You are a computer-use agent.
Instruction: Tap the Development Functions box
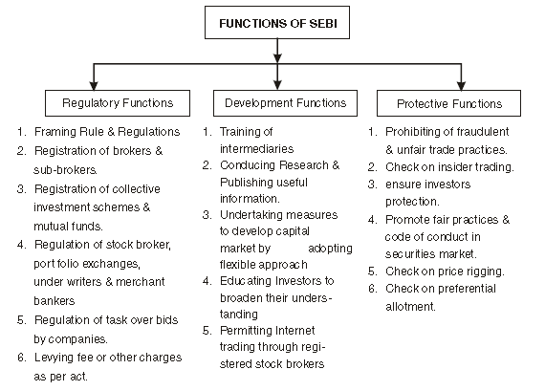click(277, 102)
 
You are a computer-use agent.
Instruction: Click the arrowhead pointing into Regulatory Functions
click(92, 84)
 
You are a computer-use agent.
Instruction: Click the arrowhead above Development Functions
click(277, 84)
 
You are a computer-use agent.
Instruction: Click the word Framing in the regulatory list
click(55, 131)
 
